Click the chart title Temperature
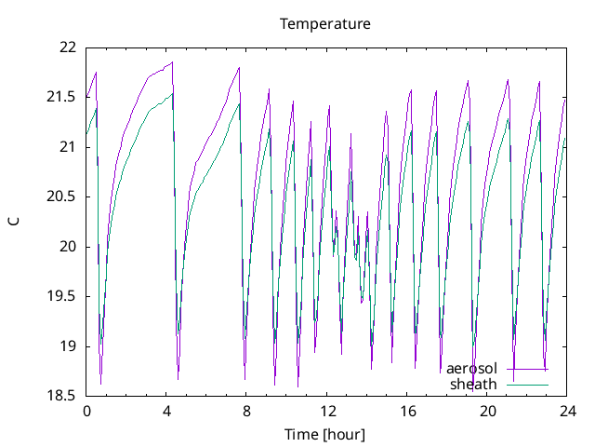tap(325, 23)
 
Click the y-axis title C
tap(13, 222)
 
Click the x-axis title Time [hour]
tap(325, 435)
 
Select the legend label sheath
tap(474, 384)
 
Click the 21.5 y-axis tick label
tap(62, 97)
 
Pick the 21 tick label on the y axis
tap(68, 147)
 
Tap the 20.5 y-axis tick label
tap(62, 196)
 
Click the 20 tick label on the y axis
tap(68, 247)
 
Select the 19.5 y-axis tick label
tap(62, 296)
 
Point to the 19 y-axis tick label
tap(68, 346)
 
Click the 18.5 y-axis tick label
tap(62, 396)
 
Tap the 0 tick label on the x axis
tap(86, 411)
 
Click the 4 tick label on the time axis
tap(166, 411)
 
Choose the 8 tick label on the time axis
tap(247, 411)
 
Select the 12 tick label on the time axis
tap(327, 411)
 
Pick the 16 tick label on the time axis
tap(407, 411)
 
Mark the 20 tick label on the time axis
tap(488, 411)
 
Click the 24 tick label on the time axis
tap(568, 411)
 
